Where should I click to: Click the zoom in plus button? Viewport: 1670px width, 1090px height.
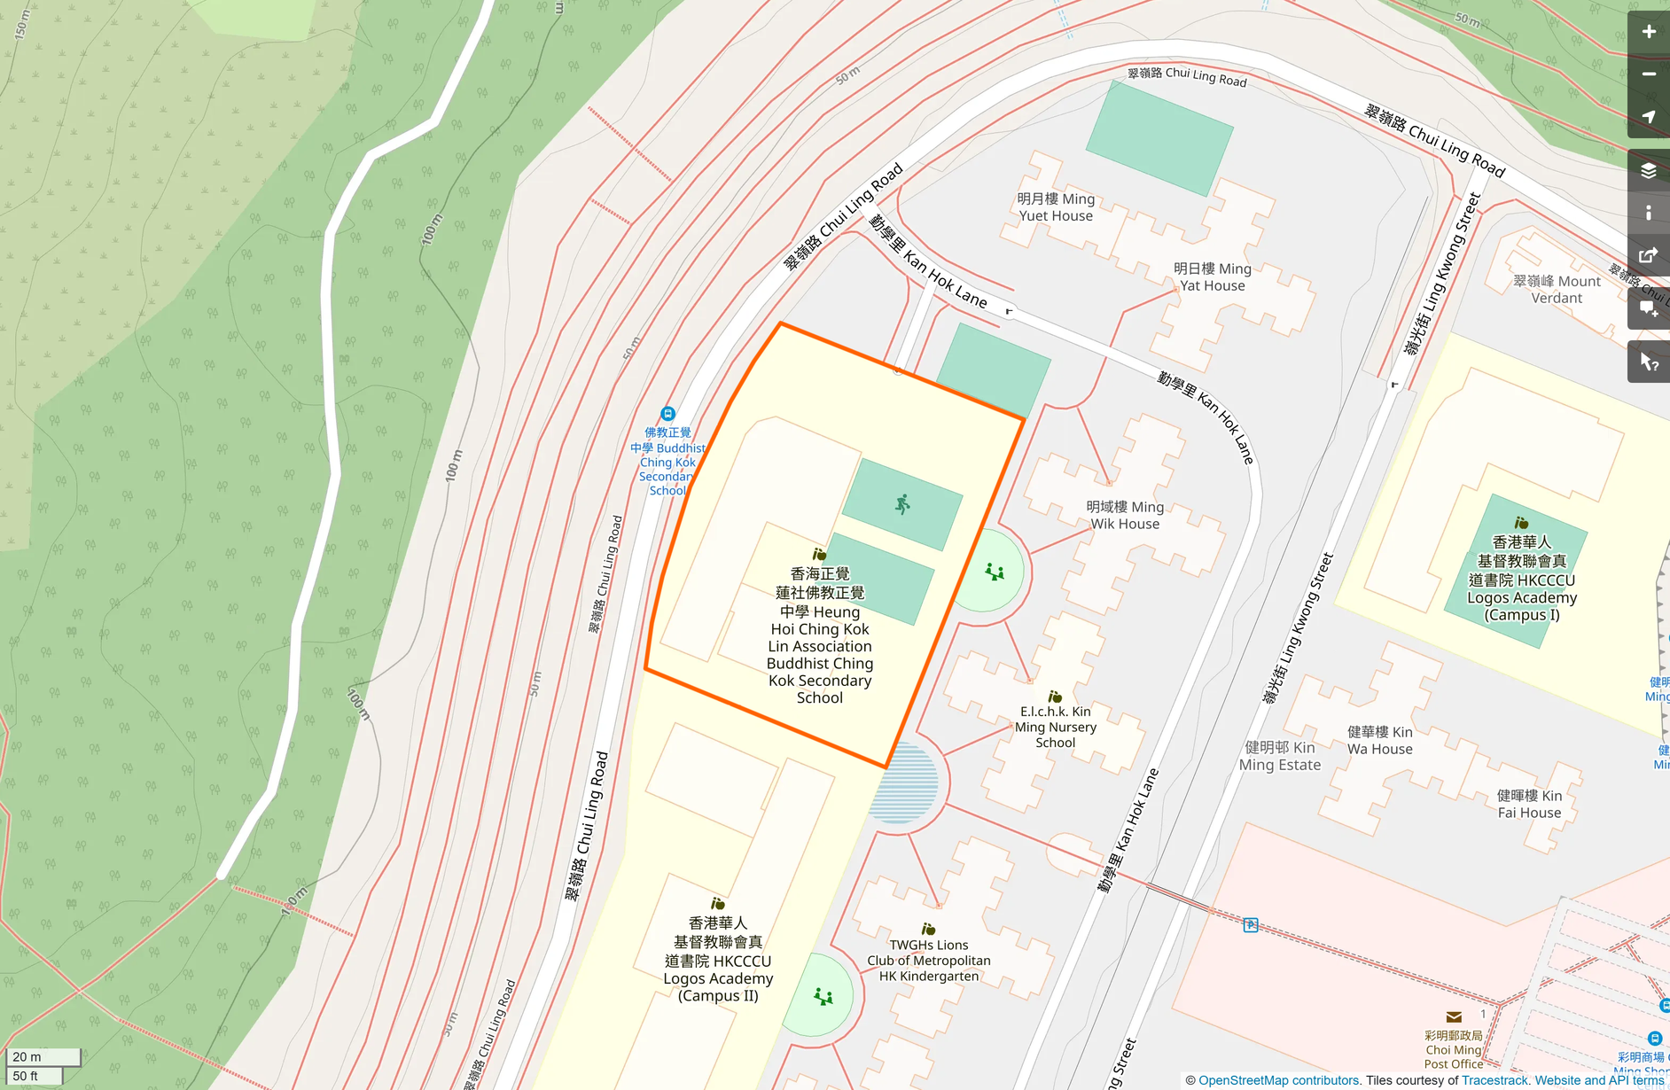coord(1648,32)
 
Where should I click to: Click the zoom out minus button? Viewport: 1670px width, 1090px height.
coord(1648,74)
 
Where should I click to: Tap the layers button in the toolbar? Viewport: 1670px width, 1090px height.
coord(1648,171)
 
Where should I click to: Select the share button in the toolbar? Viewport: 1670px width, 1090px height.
coord(1648,256)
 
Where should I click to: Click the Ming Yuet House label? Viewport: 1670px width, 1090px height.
coord(1055,207)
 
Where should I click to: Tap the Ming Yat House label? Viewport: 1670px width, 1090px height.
coord(1212,276)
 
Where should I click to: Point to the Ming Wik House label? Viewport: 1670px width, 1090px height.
coord(1125,515)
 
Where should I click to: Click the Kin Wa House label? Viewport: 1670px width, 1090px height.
coord(1379,740)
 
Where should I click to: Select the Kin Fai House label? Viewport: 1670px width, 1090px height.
coord(1529,804)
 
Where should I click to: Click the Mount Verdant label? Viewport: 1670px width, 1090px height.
coord(1557,289)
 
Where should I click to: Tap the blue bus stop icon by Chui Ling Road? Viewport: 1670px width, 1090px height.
coord(668,414)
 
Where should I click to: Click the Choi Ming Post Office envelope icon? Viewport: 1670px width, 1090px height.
coord(1454,1017)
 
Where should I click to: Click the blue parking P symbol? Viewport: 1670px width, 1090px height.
coord(1250,925)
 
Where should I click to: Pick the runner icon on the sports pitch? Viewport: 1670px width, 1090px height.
coord(902,505)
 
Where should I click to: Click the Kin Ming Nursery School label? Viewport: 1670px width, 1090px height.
coord(1055,727)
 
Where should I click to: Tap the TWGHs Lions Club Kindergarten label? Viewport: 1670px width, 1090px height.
coord(928,960)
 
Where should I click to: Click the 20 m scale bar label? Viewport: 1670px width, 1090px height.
coord(27,1056)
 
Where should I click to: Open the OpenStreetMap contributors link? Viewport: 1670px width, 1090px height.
coord(1278,1080)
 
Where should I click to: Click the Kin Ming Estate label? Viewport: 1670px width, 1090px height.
coord(1279,756)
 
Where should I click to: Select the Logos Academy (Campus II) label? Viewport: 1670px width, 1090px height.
coord(718,960)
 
